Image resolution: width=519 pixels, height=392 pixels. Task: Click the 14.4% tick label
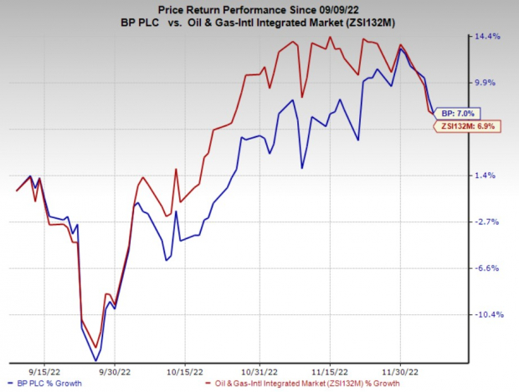[488, 37]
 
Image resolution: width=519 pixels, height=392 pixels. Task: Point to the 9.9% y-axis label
[488, 83]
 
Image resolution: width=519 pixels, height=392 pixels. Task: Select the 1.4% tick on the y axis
[488, 176]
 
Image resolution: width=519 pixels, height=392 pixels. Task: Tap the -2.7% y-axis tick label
[488, 221]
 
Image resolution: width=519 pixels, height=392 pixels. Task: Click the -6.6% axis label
[488, 268]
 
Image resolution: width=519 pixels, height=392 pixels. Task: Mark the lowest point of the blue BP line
[95, 360]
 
